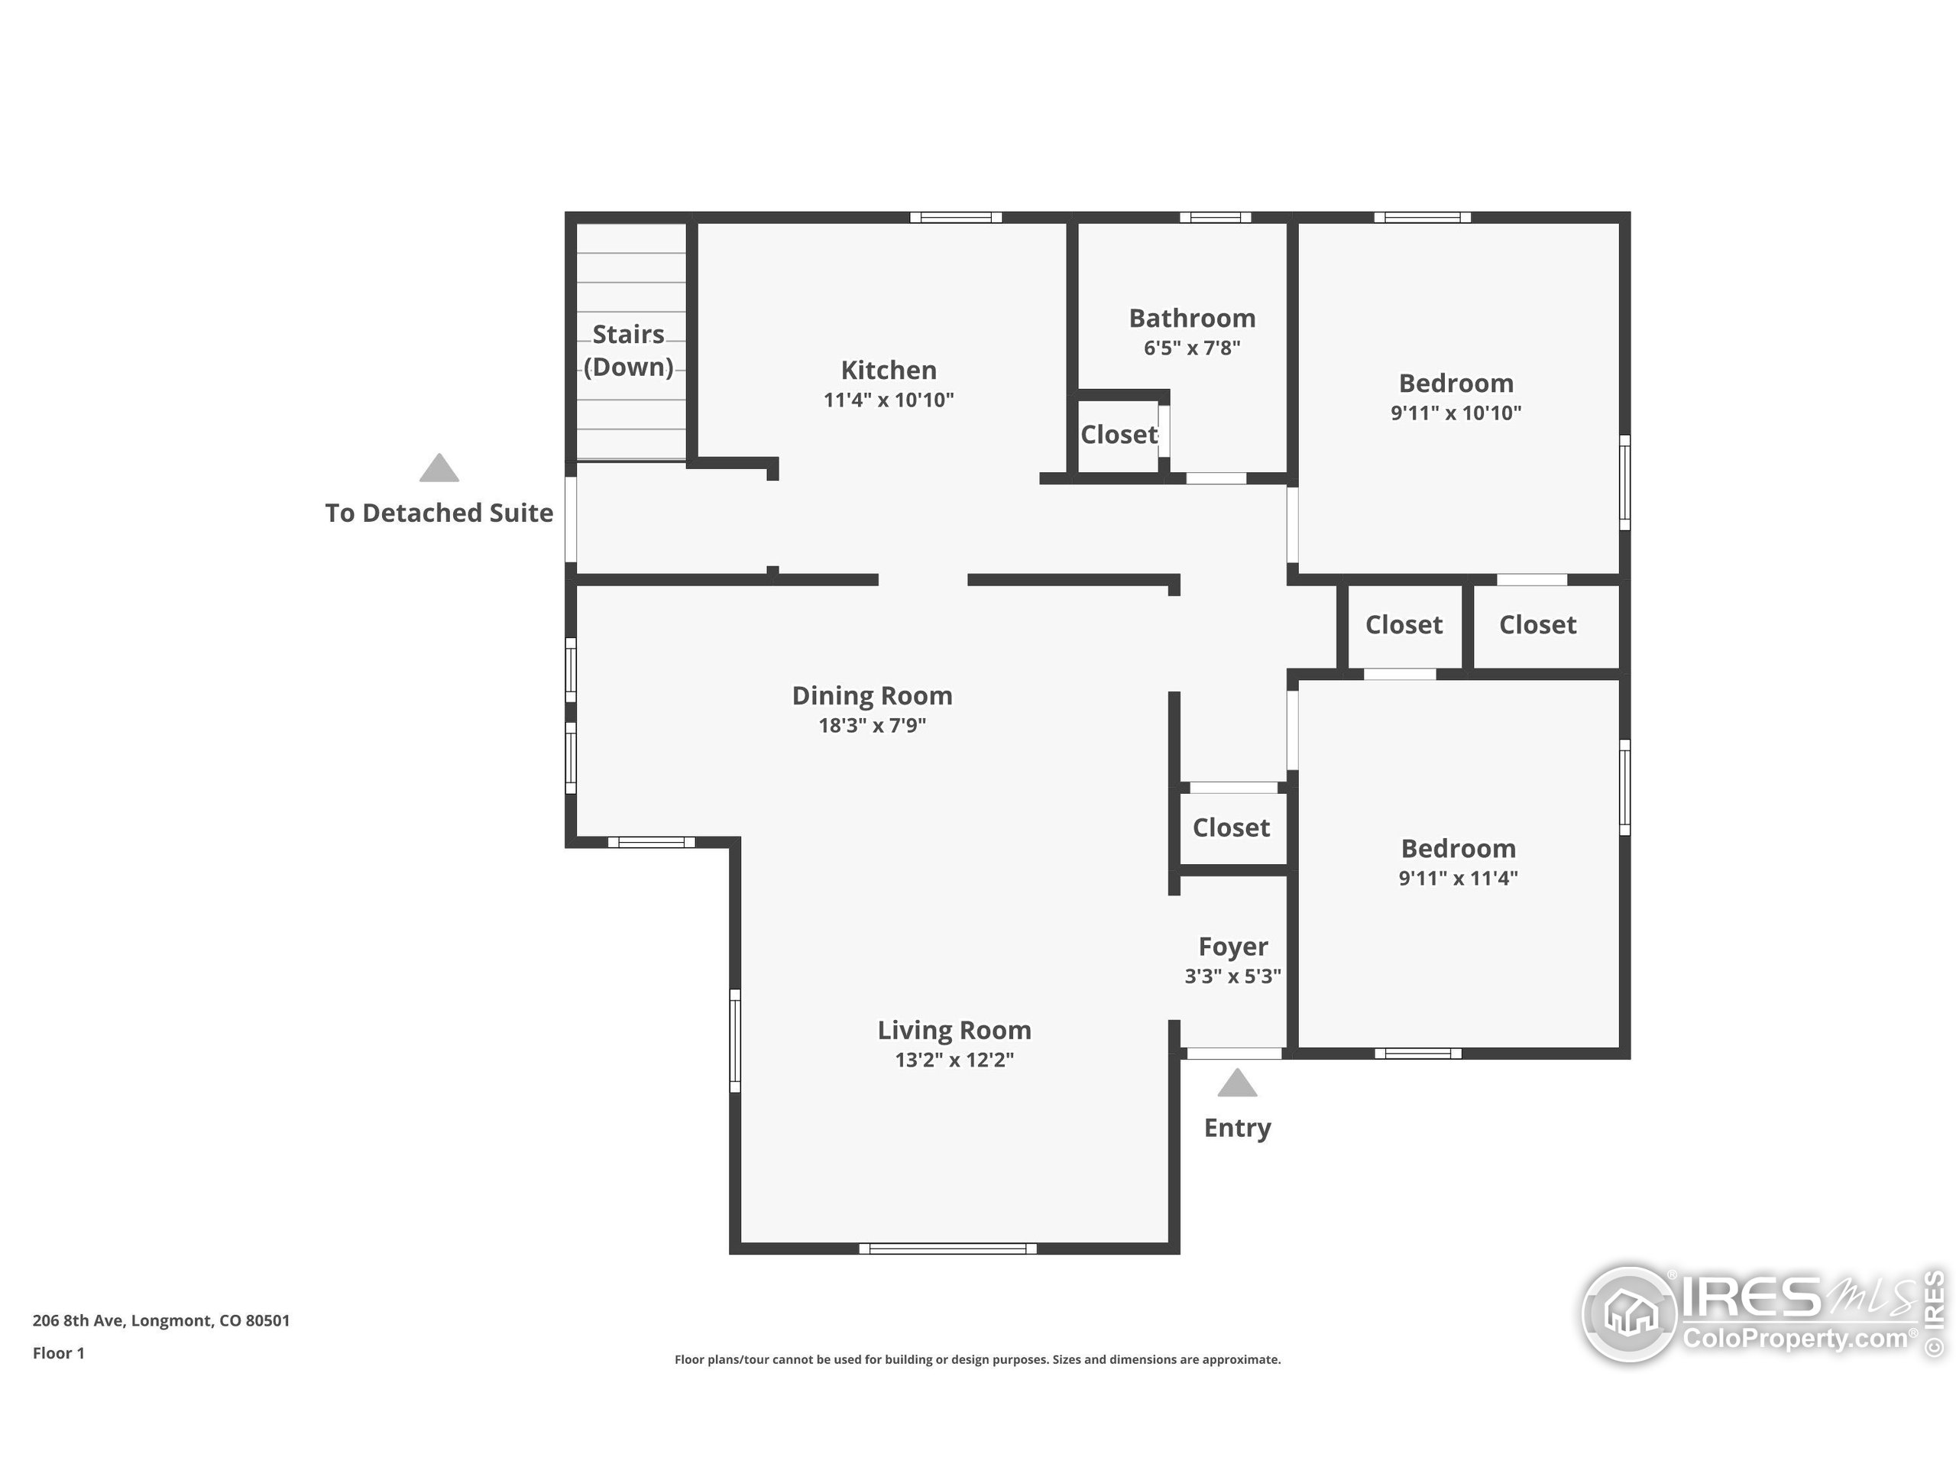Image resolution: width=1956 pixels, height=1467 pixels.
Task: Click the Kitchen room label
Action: (888, 370)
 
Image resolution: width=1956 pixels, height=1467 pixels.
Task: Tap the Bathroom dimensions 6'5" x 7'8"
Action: (1192, 348)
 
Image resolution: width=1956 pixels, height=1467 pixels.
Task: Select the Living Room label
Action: (954, 1030)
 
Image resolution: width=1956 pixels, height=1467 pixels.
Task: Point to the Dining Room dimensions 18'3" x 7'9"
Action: (872, 725)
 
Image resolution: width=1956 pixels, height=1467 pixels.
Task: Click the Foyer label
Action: (1232, 947)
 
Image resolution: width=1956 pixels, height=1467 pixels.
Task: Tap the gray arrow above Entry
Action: (1236, 1083)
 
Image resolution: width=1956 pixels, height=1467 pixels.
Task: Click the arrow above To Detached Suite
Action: (439, 468)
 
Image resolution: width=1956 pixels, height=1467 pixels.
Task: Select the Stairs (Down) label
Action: (629, 350)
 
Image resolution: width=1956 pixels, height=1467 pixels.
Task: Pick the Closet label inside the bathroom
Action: (1119, 434)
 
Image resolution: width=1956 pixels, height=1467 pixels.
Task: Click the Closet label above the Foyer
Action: (1231, 827)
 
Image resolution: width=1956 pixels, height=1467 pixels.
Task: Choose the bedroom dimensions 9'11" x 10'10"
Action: (1456, 413)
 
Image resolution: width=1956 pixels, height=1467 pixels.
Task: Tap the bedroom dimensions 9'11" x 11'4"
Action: (1458, 878)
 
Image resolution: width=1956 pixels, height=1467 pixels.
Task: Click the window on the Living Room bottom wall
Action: (948, 1248)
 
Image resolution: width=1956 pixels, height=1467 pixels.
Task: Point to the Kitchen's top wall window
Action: (956, 218)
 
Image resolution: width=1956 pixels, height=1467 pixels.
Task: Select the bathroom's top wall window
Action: (1215, 218)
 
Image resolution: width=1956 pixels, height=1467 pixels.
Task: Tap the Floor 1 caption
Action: (58, 1353)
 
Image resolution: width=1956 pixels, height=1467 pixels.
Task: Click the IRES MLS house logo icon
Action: (1630, 1315)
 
